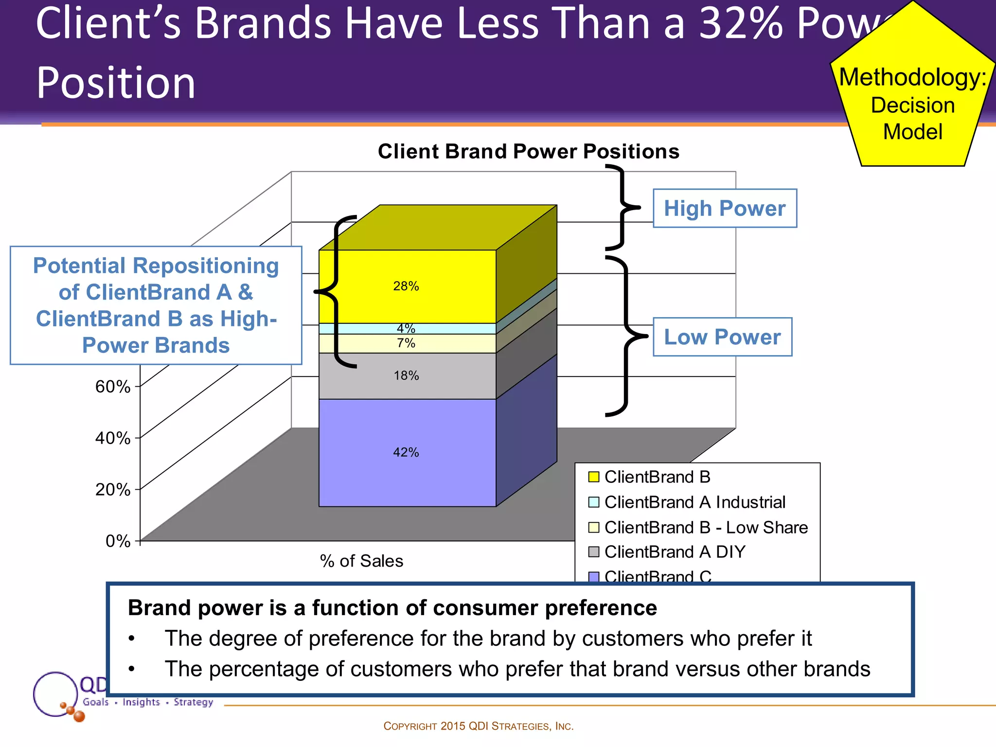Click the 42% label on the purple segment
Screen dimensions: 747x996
point(406,452)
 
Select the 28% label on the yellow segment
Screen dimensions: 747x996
point(406,286)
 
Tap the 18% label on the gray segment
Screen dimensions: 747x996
point(406,375)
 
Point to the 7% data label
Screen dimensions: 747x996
point(406,343)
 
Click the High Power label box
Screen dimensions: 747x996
point(725,208)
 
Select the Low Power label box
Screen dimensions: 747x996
point(722,337)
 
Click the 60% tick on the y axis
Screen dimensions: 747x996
point(113,387)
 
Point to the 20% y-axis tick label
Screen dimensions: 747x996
point(113,489)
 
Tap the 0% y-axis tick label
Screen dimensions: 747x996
point(118,541)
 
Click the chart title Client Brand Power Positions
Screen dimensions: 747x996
point(529,151)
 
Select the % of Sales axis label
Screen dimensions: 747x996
point(361,561)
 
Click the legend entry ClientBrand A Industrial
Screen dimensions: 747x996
point(694,502)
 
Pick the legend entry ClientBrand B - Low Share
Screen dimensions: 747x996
point(706,527)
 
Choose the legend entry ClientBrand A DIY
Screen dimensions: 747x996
point(675,552)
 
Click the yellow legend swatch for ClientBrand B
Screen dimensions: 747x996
point(593,477)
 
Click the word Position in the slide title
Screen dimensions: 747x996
point(116,83)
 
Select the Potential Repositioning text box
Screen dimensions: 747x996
point(156,305)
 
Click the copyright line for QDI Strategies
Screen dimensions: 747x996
point(479,726)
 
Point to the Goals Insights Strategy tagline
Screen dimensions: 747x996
point(148,702)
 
